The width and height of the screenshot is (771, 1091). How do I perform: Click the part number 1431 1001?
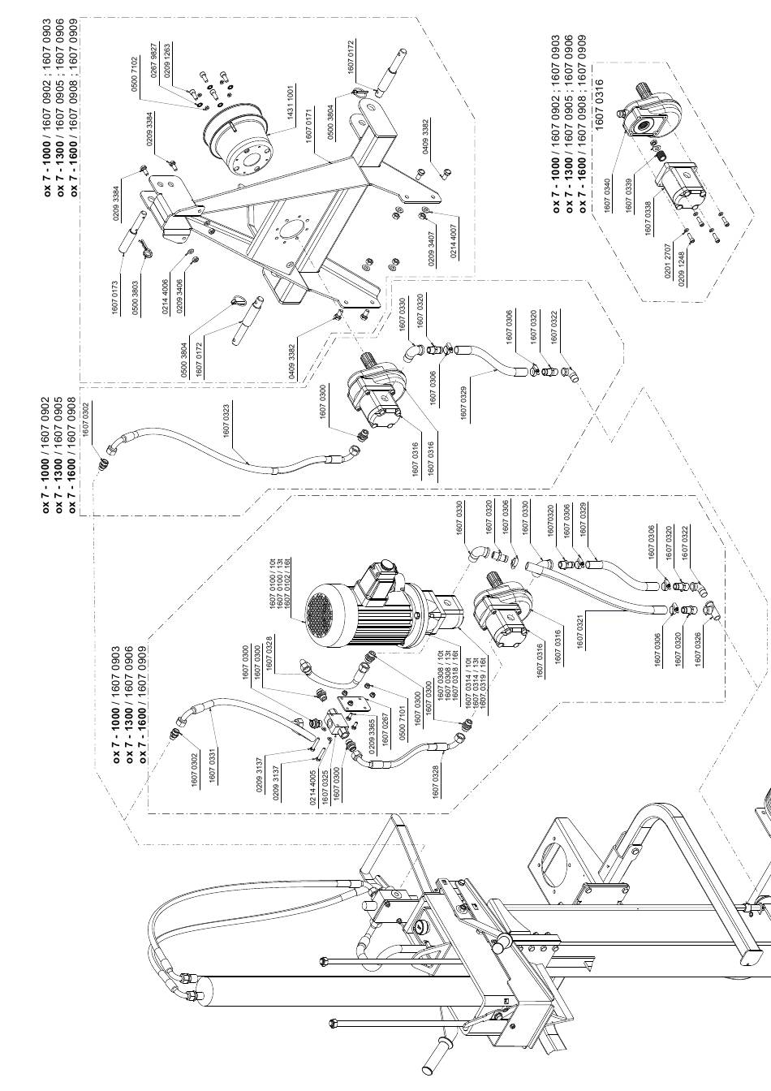tap(290, 101)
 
